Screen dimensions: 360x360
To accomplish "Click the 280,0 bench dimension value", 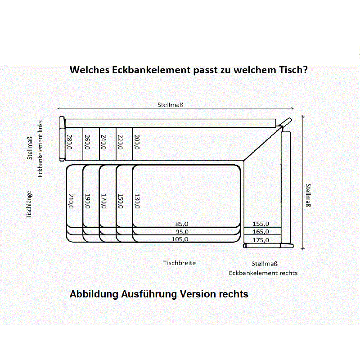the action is [70, 142].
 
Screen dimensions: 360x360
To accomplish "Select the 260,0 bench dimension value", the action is [87, 142].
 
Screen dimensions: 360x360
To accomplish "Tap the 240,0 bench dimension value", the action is [104, 142].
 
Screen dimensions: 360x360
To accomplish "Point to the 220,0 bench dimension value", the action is [120, 142].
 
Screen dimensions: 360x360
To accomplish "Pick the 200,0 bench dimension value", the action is [137, 142].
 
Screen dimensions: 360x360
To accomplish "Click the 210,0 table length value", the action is [71, 201].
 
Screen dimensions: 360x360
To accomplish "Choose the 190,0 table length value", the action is [87, 201].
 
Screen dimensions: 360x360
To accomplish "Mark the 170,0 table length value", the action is [104, 201].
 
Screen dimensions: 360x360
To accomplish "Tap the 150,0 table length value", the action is [120, 201].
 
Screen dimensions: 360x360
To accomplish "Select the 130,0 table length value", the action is [137, 201].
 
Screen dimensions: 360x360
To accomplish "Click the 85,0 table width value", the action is [182, 224].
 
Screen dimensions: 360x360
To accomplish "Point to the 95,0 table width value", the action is [182, 232].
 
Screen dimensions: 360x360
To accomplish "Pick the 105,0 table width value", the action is [180, 239].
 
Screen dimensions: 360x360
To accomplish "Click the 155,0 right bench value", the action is [261, 224].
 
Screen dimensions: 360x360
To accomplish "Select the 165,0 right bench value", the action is [261, 232].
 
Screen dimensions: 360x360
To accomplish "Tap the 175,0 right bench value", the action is [261, 240].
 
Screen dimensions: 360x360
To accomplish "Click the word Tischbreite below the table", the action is [180, 263].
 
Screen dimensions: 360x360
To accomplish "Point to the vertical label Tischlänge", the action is [29, 205].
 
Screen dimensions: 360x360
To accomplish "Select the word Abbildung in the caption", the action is [94, 295].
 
